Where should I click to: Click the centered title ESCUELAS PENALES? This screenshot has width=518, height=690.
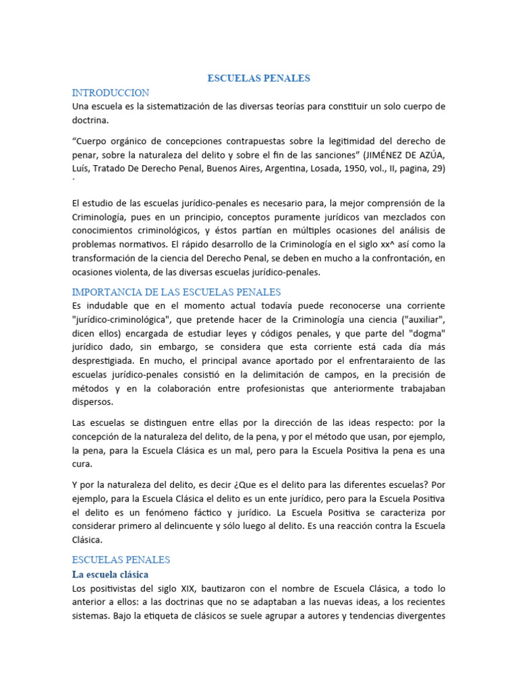(x=258, y=78)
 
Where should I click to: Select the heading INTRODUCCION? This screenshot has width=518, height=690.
(x=110, y=92)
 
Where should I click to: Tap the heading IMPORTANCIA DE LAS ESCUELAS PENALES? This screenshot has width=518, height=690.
(x=176, y=292)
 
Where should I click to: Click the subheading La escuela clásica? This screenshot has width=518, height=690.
(x=110, y=574)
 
